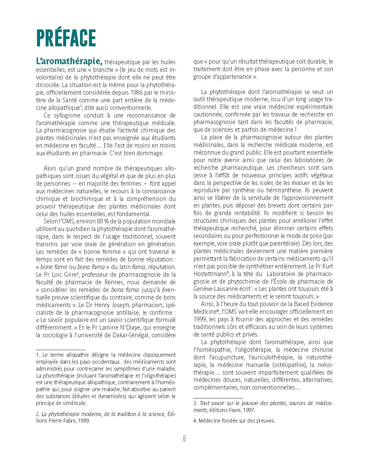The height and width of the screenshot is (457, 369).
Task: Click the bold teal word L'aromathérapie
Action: click(69, 61)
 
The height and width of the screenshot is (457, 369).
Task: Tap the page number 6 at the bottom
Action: click(184, 439)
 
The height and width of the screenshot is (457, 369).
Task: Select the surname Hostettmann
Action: click(210, 274)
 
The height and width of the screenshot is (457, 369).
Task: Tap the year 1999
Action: click(201, 319)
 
